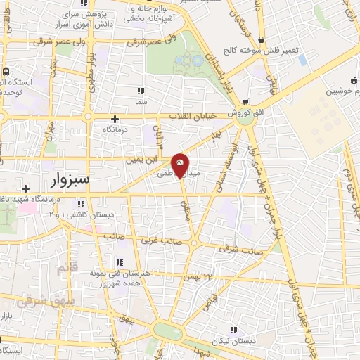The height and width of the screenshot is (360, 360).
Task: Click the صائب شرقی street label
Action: (x=238, y=249)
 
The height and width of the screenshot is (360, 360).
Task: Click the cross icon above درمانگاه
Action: (x=115, y=119)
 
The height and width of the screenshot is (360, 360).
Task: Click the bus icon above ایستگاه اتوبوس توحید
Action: (x=6, y=72)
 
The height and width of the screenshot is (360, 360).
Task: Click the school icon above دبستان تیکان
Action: (x=233, y=329)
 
